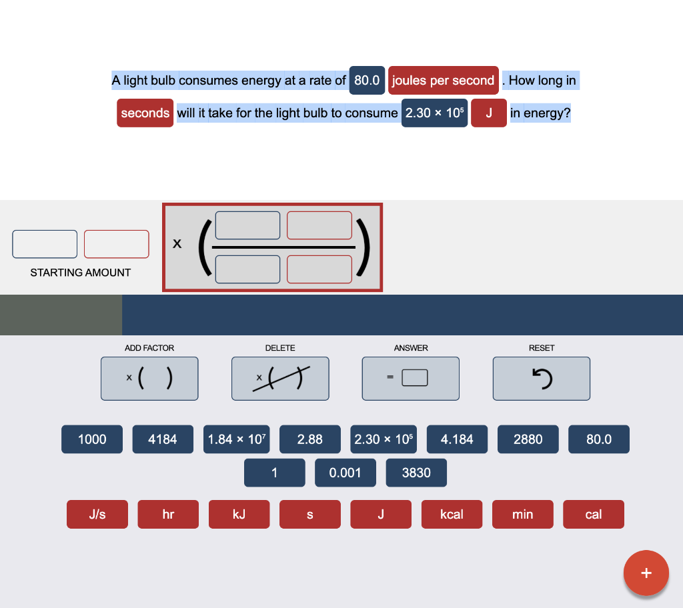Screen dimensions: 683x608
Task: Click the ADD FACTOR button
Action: point(149,379)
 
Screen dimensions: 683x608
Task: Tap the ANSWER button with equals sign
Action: point(411,379)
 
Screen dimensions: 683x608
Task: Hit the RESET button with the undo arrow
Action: point(542,379)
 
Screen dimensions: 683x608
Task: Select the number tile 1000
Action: point(92,439)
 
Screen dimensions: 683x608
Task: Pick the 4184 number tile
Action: point(163,439)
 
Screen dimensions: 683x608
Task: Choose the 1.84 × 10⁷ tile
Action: point(237,439)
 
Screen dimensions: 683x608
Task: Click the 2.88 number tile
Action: point(310,439)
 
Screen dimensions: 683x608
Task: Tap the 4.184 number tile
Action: point(458,439)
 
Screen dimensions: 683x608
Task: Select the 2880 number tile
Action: point(528,439)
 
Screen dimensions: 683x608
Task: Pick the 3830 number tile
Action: point(416,473)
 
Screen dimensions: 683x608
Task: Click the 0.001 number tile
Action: point(346,473)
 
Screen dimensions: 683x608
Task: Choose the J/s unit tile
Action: point(97,515)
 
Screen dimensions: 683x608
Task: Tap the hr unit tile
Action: point(168,515)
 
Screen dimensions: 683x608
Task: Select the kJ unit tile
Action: point(239,515)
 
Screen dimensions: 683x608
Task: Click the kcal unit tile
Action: point(452,515)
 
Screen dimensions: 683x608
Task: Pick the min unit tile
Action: point(523,515)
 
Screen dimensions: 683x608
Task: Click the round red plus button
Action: point(646,573)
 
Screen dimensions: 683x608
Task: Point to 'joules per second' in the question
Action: point(444,80)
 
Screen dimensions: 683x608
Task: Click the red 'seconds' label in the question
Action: point(145,113)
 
